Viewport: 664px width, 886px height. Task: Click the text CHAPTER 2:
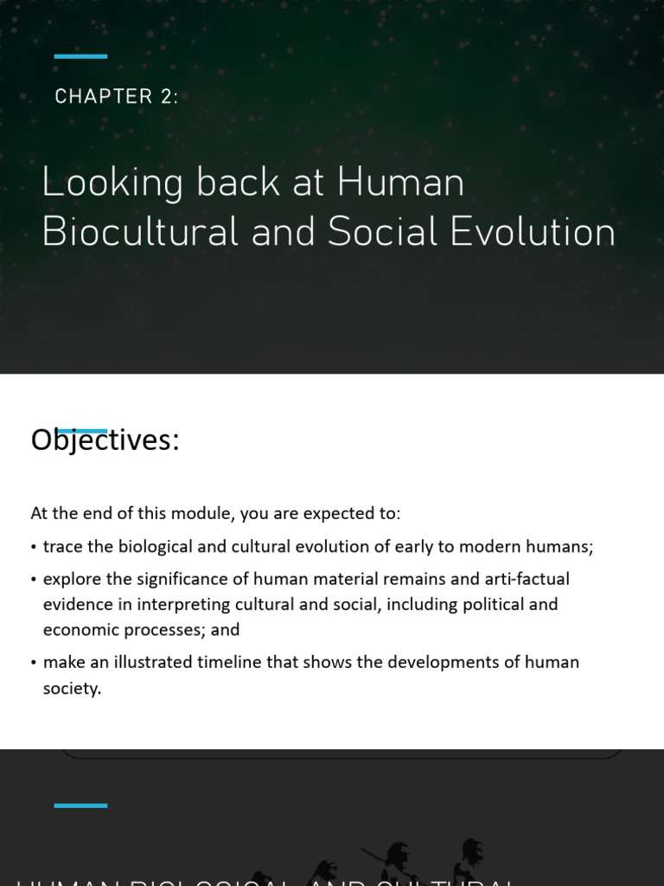[117, 97]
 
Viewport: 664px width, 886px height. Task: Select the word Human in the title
[401, 183]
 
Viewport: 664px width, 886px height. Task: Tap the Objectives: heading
[105, 440]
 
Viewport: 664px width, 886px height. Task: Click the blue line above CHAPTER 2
[80, 56]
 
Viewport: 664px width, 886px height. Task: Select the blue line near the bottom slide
[80, 806]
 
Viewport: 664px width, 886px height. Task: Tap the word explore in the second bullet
[72, 578]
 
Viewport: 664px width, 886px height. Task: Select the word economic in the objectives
[79, 630]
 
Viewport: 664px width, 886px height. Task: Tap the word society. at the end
[73, 690]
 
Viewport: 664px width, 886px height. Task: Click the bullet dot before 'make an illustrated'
[33, 663]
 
